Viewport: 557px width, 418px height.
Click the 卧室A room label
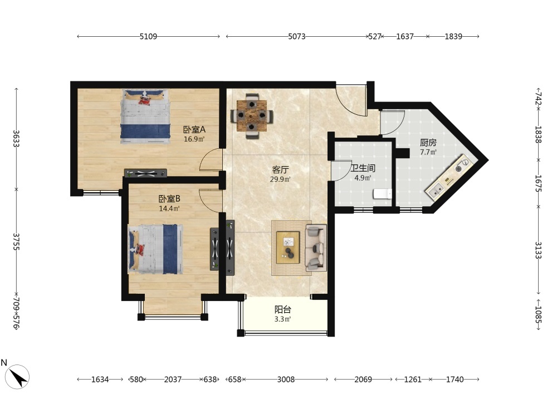point(194,130)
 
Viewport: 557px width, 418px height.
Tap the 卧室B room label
point(169,199)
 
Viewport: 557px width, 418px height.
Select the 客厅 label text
point(280,170)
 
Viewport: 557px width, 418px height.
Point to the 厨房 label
point(428,143)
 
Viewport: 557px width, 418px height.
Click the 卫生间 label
point(363,168)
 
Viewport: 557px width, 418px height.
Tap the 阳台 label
point(283,309)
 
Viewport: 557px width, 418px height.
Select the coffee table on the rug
point(288,247)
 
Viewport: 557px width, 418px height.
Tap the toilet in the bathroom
point(382,194)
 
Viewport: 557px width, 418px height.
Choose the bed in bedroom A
point(145,116)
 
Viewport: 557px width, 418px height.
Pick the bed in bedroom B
point(155,249)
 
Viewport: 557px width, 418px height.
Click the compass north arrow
point(18,377)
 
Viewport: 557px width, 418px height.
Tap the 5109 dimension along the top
point(148,36)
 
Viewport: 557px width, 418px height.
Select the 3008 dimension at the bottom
point(286,380)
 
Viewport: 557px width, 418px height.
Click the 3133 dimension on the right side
point(538,250)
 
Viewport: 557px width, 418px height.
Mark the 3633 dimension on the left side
point(16,139)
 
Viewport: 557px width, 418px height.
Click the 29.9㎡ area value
point(280,179)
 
